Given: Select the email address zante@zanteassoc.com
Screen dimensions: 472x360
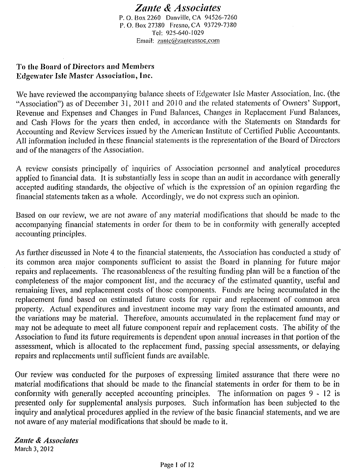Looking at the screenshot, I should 188,41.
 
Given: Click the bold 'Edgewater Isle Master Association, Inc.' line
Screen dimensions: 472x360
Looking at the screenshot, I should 84,76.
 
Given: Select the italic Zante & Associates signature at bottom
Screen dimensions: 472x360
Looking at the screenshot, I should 47,441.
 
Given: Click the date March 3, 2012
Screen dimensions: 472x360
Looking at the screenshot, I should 34,448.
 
